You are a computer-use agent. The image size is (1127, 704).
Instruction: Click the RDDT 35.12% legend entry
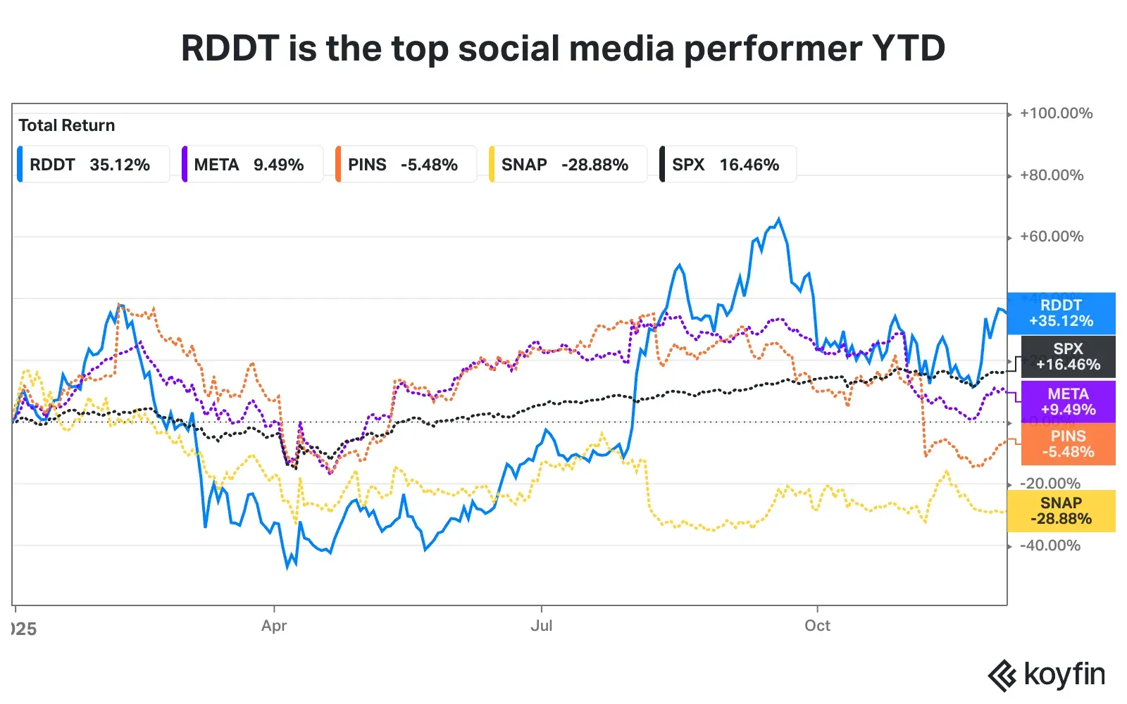(x=92, y=165)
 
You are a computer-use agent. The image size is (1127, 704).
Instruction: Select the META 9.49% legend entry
(x=251, y=165)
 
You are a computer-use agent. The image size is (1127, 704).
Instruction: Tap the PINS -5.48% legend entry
(x=405, y=165)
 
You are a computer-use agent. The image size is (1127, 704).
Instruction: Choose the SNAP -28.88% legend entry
(x=567, y=165)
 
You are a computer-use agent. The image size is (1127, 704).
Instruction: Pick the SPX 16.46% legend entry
(x=728, y=165)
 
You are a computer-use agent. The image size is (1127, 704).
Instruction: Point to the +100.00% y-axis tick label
(x=1056, y=113)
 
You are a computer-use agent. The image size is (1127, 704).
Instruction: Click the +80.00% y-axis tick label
(x=1052, y=175)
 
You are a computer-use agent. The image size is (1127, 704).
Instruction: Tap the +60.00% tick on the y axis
(x=1052, y=237)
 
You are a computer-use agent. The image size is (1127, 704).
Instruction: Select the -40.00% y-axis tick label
(x=1050, y=546)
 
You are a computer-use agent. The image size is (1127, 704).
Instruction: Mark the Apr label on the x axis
(x=274, y=626)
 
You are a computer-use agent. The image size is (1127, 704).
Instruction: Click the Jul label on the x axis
(x=541, y=626)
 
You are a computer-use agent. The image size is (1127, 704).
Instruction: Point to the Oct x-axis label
(x=817, y=626)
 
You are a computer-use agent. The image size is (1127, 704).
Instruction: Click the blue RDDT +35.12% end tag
(x=1061, y=313)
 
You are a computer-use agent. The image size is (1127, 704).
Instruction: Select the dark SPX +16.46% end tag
(x=1068, y=357)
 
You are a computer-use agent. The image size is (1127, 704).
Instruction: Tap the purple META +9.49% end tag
(x=1068, y=402)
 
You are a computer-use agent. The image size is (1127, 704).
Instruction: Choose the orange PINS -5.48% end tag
(x=1068, y=444)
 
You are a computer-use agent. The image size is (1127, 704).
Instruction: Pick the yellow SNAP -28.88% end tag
(x=1061, y=511)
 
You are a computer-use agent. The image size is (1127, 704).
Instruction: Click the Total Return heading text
(x=67, y=125)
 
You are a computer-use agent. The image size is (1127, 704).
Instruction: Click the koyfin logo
(x=1047, y=675)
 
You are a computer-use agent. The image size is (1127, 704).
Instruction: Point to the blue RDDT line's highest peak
(x=778, y=219)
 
